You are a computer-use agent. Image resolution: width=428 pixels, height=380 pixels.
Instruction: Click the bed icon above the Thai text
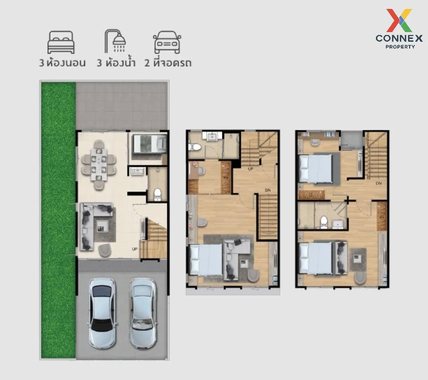[x=61, y=42]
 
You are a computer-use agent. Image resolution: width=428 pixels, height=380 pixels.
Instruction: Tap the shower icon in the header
[x=115, y=41]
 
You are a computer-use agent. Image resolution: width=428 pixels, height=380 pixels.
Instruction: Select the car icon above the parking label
[x=167, y=42]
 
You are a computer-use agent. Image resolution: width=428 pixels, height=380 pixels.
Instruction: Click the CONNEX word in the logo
[x=399, y=39]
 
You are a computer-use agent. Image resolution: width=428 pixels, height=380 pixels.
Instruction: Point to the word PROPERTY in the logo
[x=400, y=47]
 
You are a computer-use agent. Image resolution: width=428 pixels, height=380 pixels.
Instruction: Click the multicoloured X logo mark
[x=399, y=20]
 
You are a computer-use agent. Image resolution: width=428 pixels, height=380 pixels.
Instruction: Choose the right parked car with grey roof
[x=143, y=313]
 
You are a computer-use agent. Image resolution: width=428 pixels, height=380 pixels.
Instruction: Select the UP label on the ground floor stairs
[x=134, y=249]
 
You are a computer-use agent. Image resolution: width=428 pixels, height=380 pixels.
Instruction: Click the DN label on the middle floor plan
[x=268, y=190]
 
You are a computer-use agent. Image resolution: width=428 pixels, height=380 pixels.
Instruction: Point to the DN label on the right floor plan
[x=378, y=183]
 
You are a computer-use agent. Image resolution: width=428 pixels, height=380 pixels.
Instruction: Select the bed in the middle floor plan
[x=206, y=260]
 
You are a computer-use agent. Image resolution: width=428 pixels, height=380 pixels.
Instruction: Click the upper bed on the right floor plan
[x=315, y=168]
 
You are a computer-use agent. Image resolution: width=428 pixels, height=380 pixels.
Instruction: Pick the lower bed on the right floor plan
[x=316, y=258]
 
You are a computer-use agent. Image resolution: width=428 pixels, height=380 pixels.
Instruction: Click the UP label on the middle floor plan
[x=250, y=169]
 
